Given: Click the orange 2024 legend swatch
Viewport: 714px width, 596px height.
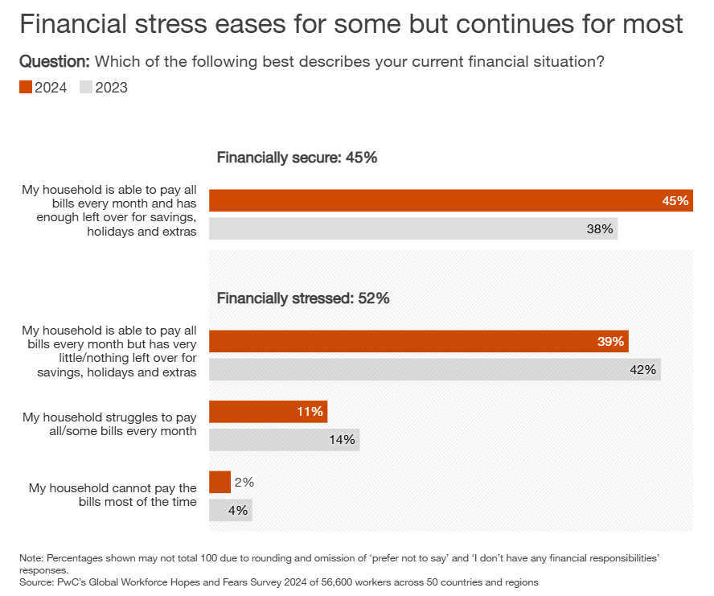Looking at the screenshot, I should (x=25, y=88).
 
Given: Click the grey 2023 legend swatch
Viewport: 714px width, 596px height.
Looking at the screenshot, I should (x=86, y=88).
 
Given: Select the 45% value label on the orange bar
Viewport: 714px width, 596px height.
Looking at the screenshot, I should (x=675, y=201).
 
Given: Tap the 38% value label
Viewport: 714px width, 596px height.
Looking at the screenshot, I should (x=600, y=229).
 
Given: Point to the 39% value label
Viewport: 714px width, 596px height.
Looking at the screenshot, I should (x=610, y=342).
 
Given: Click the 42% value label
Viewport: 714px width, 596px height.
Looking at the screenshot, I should (x=643, y=370).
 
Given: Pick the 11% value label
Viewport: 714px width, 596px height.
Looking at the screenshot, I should (x=310, y=412).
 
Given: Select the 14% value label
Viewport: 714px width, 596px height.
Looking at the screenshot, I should (x=342, y=440).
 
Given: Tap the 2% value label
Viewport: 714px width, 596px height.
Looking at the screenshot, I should (x=244, y=483).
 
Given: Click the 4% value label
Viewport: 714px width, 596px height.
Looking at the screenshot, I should (x=238, y=510).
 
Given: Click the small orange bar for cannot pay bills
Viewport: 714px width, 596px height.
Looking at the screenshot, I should (x=220, y=483).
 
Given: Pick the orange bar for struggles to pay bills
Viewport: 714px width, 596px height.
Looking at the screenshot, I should (x=268, y=412).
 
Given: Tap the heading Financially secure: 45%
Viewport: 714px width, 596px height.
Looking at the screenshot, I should (x=297, y=158).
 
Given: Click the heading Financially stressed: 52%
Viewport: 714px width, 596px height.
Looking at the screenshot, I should (x=303, y=298).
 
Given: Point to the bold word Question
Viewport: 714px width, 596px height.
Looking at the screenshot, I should (x=54, y=62).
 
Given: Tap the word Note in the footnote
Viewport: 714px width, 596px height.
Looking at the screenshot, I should (x=31, y=557).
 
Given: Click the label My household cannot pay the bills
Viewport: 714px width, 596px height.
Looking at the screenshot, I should (x=113, y=495).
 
